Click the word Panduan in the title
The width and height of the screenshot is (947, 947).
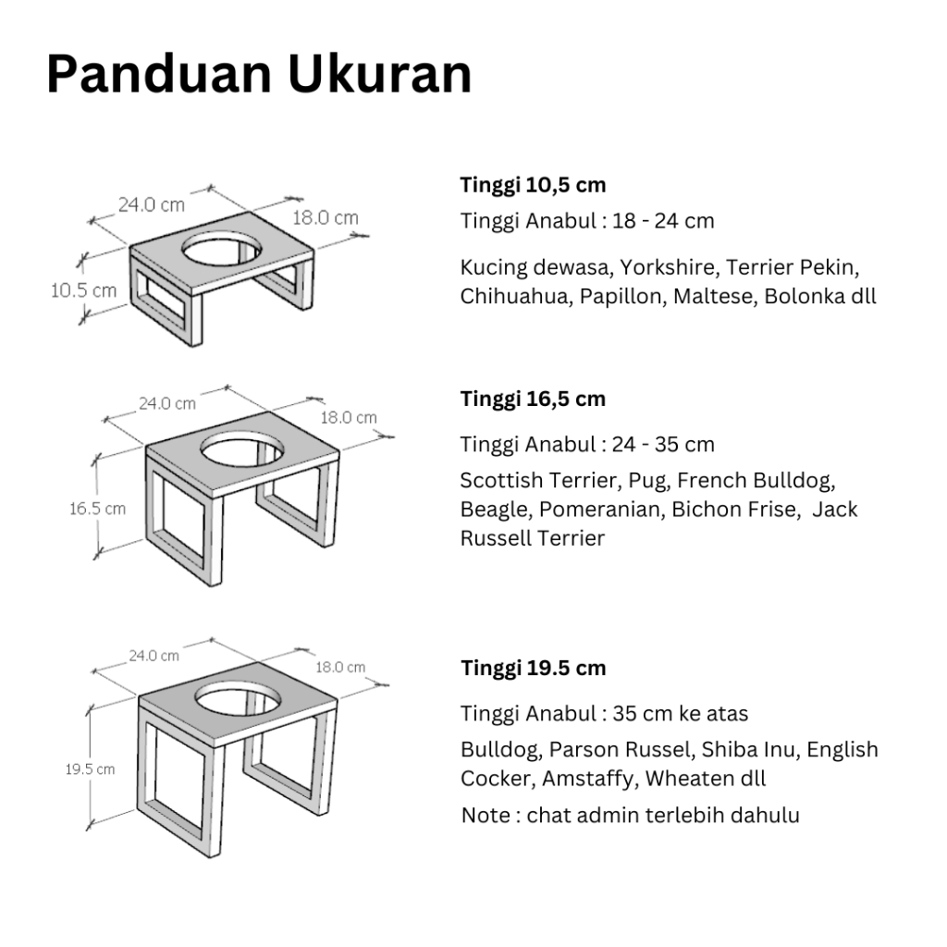pos(159,74)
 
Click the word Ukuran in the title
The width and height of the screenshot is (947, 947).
pos(379,74)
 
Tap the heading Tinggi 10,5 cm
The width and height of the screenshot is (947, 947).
pos(533,185)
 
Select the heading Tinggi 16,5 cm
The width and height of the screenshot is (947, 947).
pos(533,400)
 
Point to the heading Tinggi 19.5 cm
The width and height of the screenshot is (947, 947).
pos(534,669)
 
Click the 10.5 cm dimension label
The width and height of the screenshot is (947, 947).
pos(83,290)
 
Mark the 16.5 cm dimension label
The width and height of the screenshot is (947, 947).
pos(97,509)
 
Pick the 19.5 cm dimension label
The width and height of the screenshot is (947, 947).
pos(90,769)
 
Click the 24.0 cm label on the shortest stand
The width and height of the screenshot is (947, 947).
pos(151,205)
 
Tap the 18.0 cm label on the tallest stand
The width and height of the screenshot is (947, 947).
pos(340,668)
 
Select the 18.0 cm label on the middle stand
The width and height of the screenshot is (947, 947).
pos(349,417)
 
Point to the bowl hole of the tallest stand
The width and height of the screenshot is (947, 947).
pos(238,700)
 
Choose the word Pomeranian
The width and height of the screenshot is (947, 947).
pos(601,510)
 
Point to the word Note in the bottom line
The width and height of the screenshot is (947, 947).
pos(486,816)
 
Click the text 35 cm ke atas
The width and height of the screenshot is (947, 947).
pos(680,714)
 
